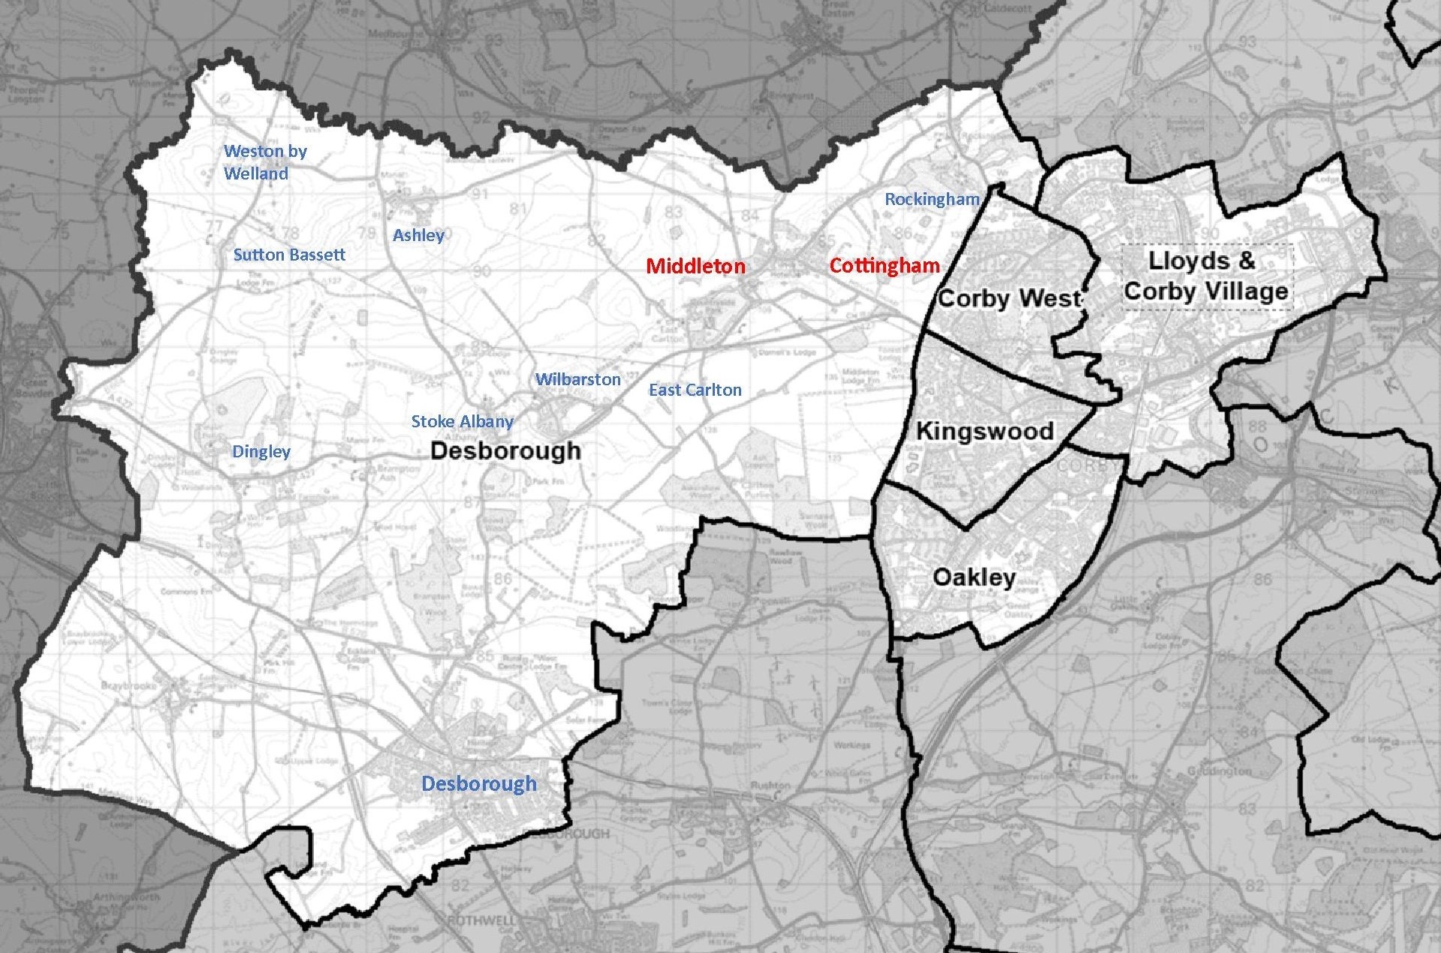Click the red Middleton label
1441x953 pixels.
(695, 266)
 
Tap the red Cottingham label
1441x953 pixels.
(884, 265)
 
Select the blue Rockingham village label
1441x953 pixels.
(931, 199)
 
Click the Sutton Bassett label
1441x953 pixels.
(289, 255)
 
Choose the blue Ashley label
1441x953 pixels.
(418, 235)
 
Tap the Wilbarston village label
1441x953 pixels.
(577, 379)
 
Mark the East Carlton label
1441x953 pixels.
(695, 390)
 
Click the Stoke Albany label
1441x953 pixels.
(462, 421)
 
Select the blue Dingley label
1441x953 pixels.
(261, 451)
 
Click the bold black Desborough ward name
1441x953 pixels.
(505, 451)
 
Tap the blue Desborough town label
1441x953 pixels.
(478, 783)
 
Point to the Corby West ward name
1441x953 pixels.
(1008, 298)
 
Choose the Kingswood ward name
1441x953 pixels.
(984, 431)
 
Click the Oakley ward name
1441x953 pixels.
(973, 577)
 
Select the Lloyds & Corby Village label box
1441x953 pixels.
(1206, 276)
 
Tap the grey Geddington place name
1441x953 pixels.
(1225, 771)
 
